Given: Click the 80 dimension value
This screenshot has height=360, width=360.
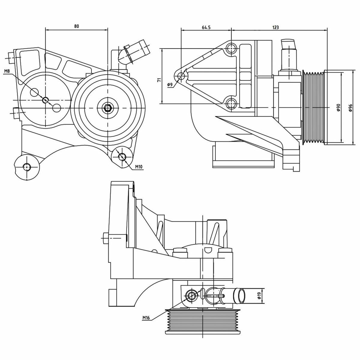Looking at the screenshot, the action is pyautogui.click(x=76, y=26).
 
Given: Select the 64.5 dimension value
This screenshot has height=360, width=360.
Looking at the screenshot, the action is pyautogui.click(x=206, y=27).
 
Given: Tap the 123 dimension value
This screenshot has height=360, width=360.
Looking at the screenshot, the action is pyautogui.click(x=276, y=27).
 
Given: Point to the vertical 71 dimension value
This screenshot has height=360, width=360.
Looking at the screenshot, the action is pyautogui.click(x=159, y=80).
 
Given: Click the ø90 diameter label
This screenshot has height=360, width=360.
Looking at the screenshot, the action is pyautogui.click(x=338, y=108).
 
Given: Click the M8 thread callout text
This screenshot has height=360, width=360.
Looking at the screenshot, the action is pyautogui.click(x=7, y=71).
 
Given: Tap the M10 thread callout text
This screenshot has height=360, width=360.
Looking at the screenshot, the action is pyautogui.click(x=139, y=166).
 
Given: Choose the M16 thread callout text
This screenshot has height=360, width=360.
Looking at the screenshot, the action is pyautogui.click(x=146, y=317).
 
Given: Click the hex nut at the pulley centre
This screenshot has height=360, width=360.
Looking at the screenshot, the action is pyautogui.click(x=107, y=108).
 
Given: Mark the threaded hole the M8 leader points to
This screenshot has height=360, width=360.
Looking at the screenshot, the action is pyautogui.click(x=45, y=100).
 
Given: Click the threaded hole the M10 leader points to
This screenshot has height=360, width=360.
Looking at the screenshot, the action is pyautogui.click(x=122, y=157).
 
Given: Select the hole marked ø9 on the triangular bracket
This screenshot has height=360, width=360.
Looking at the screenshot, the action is pyautogui.click(x=181, y=76).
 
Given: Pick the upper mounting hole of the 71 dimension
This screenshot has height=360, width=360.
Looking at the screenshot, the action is pyautogui.click(x=231, y=48).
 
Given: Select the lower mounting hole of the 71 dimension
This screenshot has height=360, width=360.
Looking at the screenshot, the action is pyautogui.click(x=231, y=103).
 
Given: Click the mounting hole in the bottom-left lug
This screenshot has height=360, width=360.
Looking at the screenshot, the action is pyautogui.click(x=27, y=166).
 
